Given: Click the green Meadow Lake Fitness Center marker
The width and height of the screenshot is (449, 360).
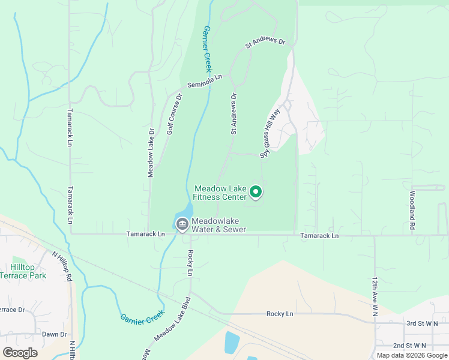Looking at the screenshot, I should click(256, 192).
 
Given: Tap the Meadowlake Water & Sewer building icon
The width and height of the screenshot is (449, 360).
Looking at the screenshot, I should click(182, 224).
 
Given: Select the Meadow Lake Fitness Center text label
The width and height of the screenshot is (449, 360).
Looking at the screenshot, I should click(220, 193).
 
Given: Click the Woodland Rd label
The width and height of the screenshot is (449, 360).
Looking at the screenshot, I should click(412, 211).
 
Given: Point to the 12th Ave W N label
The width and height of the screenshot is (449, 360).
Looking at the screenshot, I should click(375, 293).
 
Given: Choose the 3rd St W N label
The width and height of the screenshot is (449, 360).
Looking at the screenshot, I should click(423, 323).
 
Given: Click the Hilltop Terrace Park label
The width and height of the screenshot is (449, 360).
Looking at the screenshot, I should click(28, 271).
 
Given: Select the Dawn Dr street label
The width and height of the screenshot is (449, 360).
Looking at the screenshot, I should click(54, 334).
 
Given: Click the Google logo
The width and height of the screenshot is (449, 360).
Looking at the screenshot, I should click(20, 353).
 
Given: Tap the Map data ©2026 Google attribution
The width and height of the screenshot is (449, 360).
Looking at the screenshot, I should click(412, 355).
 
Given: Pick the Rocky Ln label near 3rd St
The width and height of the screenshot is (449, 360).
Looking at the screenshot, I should click(280, 314).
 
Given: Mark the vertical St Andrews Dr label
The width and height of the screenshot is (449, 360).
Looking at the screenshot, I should click(234, 113).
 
